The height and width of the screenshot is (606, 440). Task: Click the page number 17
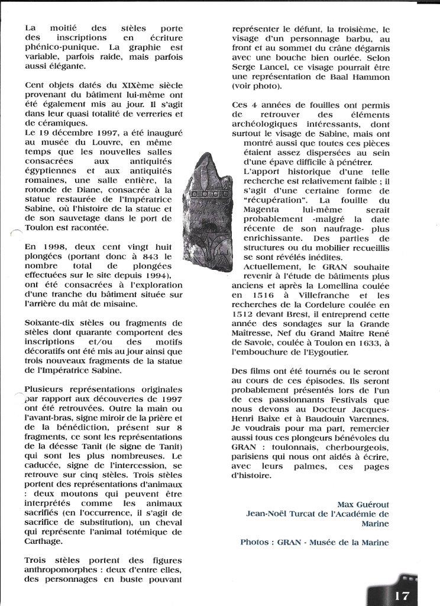pyautogui.click(x=402, y=595)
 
